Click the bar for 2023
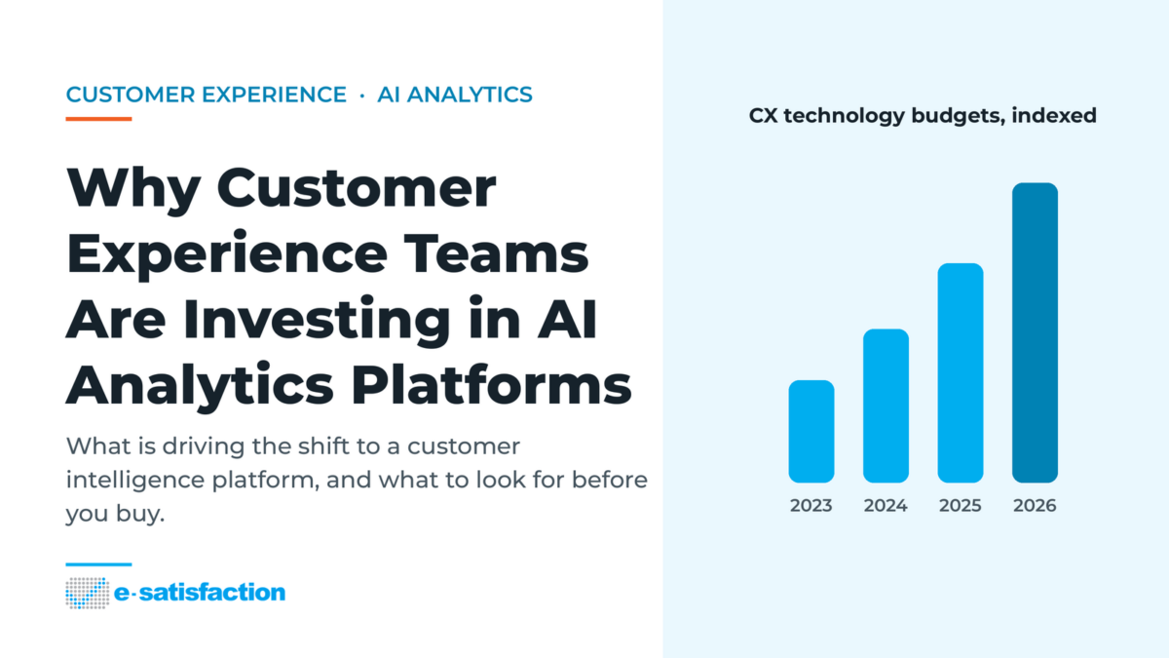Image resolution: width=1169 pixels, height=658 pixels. [811, 431]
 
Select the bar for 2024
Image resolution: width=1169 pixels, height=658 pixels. [886, 406]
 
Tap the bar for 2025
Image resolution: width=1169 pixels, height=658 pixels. [961, 372]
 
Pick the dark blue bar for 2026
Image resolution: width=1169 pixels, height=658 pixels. [1035, 332]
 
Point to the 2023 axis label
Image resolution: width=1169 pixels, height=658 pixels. [811, 506]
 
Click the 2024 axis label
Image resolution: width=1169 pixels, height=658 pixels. [886, 506]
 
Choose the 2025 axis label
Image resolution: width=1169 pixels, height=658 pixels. [961, 506]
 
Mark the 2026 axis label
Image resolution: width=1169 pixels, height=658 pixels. [1035, 506]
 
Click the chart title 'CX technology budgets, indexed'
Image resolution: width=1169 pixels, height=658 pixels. [923, 116]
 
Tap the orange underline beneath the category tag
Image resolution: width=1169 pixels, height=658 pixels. [98, 119]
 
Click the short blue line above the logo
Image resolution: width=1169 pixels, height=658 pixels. [98, 564]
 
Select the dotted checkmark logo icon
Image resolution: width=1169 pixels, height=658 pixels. [87, 593]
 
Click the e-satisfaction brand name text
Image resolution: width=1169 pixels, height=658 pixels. [200, 593]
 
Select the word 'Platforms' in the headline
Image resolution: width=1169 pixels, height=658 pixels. [491, 385]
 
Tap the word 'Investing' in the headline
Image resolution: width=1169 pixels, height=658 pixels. [317, 320]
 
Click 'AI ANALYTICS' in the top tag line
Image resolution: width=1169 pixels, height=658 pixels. [455, 95]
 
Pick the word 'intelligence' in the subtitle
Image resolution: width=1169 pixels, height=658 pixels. [135, 481]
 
